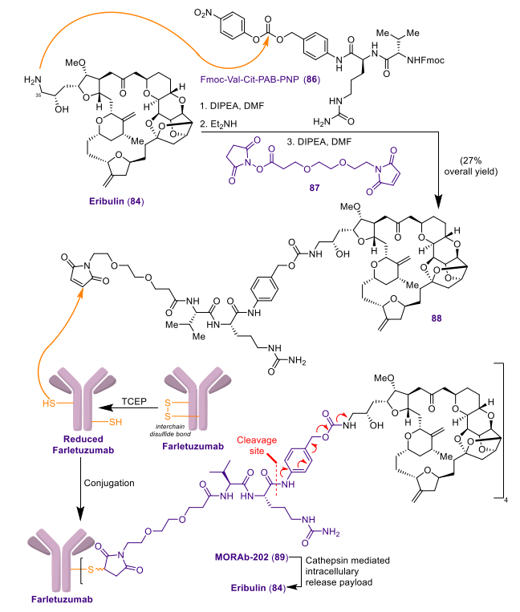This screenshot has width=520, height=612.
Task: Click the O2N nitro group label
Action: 202,14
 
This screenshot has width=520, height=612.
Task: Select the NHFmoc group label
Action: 425,60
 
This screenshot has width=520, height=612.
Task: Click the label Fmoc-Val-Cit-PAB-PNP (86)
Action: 260,79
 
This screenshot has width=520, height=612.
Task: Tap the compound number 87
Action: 315,188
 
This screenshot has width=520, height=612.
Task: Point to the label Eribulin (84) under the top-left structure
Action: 116,201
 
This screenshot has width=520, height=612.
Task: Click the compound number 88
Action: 437,318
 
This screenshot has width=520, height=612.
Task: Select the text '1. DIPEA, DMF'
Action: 232,106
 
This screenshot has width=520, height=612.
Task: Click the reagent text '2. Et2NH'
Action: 218,124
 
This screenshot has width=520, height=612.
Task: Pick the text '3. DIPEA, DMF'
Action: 319,141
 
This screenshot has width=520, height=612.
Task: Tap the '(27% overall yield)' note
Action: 471,166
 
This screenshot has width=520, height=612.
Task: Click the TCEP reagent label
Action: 134,402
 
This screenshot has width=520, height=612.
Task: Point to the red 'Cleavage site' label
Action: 257,445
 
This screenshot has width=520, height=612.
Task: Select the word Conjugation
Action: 109,483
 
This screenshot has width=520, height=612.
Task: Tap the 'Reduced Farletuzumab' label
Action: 83,444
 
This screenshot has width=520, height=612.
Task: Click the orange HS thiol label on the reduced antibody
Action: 49,403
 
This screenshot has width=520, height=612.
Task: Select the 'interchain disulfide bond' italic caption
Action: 170,430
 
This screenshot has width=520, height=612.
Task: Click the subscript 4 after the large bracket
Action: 506,501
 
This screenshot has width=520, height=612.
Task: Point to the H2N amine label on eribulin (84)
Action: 33,80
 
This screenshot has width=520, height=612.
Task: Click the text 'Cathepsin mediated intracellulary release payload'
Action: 347,571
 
